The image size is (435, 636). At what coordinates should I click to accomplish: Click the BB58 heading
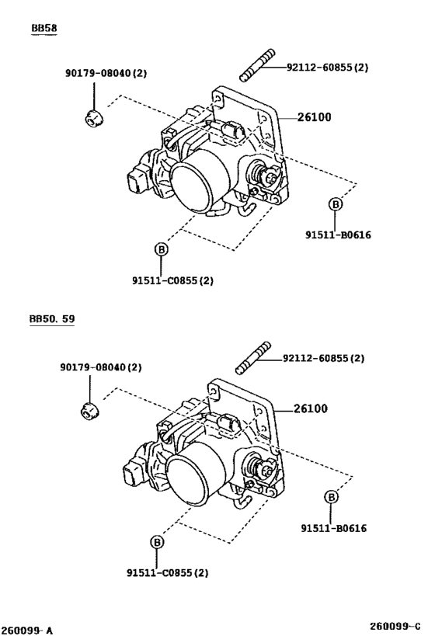pyautogui.click(x=44, y=28)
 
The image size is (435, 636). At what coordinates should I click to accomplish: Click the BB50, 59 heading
pyautogui.click(x=52, y=319)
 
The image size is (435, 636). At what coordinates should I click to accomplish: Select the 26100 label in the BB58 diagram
pyautogui.click(x=315, y=117)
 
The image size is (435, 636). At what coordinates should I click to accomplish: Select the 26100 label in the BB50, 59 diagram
pyautogui.click(x=311, y=408)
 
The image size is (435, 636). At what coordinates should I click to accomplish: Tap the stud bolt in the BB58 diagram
pyautogui.click(x=257, y=65)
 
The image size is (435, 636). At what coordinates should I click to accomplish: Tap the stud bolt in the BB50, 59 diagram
pyautogui.click(x=253, y=357)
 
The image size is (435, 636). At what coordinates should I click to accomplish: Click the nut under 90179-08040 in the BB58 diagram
pyautogui.click(x=95, y=117)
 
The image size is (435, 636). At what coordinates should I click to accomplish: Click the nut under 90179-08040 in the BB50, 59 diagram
pyautogui.click(x=89, y=411)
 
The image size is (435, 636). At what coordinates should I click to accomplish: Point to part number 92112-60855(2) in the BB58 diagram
pyautogui.click(x=328, y=68)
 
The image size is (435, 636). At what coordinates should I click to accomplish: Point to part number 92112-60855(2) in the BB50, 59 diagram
pyautogui.click(x=323, y=359)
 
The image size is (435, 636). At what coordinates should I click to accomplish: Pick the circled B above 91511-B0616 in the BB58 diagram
pyautogui.click(x=336, y=204)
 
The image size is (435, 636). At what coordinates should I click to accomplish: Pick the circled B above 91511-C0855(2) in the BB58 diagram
pyautogui.click(x=161, y=249)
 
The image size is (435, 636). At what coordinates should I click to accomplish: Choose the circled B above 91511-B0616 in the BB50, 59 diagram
pyautogui.click(x=331, y=497)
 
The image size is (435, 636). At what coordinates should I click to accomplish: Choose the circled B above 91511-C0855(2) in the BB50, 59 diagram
pyautogui.click(x=157, y=542)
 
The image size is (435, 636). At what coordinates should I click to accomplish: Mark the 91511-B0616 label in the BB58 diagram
pyautogui.click(x=338, y=235)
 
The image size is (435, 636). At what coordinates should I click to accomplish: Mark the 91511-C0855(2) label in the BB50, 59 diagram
pyautogui.click(x=168, y=573)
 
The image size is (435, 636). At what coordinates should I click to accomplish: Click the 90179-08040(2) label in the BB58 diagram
pyautogui.click(x=106, y=74)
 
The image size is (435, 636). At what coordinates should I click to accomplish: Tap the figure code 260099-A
pyautogui.click(x=26, y=631)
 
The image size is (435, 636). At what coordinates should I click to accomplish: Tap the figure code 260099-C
pyautogui.click(x=395, y=625)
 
